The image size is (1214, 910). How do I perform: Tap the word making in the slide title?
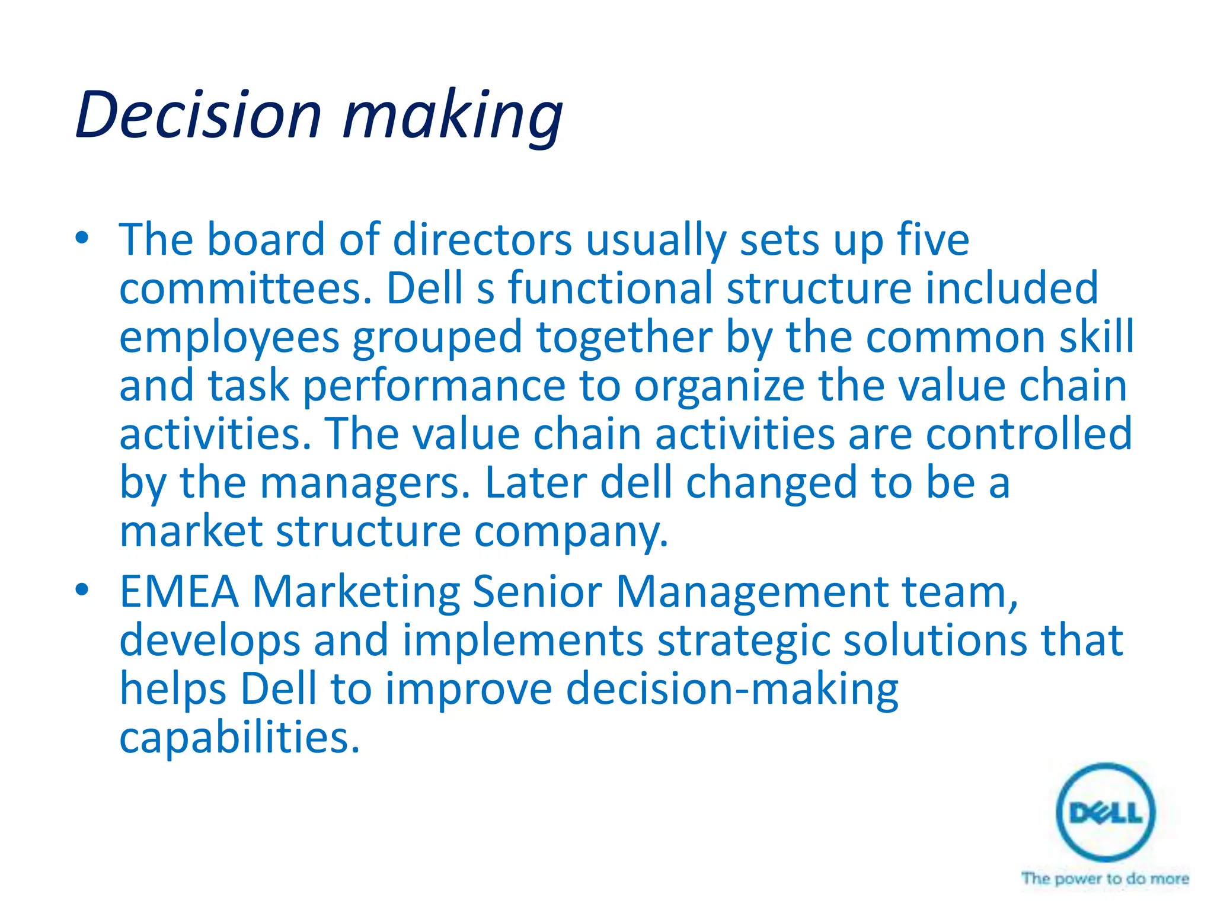point(453,117)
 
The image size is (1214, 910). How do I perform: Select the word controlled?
point(1029,434)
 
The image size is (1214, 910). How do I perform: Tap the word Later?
point(535,482)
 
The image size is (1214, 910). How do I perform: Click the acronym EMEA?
point(179,592)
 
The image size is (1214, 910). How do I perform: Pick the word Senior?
point(537,592)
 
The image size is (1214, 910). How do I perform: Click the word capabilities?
point(239,738)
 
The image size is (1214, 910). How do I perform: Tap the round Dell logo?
point(1106,812)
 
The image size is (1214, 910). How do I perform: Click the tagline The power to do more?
point(1105,878)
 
